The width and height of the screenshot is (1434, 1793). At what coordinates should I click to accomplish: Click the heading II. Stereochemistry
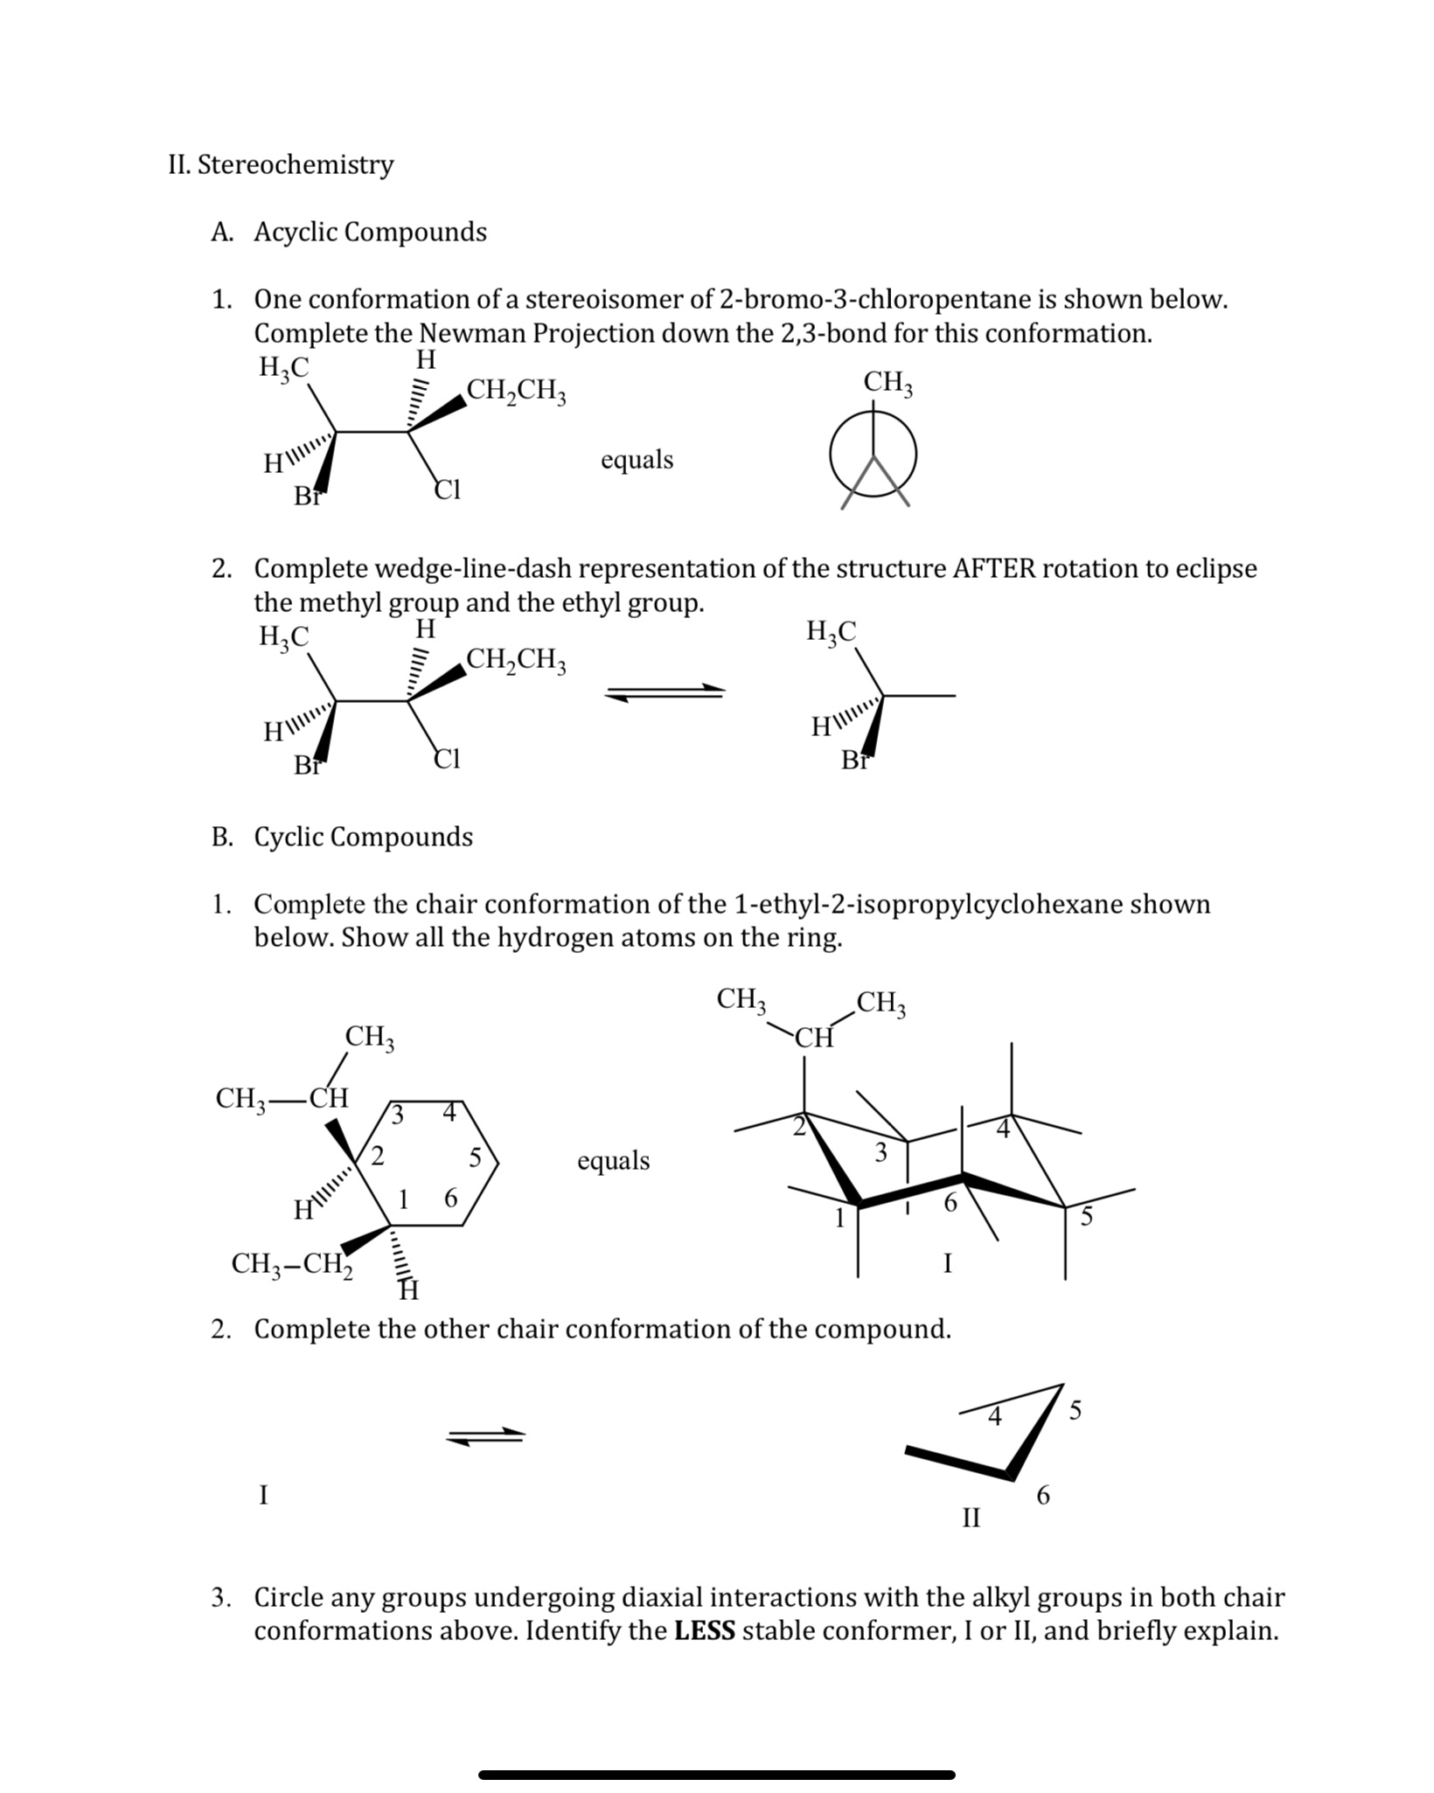point(281,164)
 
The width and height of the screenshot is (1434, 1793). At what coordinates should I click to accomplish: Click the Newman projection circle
point(874,455)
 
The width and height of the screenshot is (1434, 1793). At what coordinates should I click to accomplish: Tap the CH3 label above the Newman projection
point(888,383)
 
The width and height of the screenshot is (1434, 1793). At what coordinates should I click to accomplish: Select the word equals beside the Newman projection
point(637,460)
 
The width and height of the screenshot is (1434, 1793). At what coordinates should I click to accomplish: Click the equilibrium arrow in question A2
point(665,691)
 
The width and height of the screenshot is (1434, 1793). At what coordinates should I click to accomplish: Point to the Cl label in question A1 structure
point(448,490)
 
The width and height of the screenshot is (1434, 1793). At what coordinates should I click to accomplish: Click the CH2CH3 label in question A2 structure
point(517,658)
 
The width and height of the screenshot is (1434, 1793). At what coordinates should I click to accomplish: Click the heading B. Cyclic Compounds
point(342,837)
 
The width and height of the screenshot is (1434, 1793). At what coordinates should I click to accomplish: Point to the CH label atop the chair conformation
point(814,1038)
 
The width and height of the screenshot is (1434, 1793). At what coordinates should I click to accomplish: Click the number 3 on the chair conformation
point(881,1153)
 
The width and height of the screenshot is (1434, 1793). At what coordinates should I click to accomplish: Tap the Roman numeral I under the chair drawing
point(948,1263)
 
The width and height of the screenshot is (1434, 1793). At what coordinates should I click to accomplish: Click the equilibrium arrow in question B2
point(485,1435)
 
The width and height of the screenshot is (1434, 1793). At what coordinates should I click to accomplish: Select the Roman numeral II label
point(971,1517)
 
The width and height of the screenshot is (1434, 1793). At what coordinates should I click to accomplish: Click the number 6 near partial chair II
point(1043,1497)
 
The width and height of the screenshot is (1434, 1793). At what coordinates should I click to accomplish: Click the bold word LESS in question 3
point(705,1631)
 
